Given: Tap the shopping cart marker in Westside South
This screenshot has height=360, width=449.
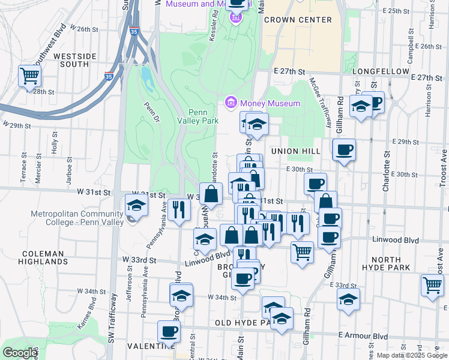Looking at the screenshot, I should click(x=29, y=76).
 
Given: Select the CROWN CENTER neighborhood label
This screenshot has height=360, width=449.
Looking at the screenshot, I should click(x=298, y=20).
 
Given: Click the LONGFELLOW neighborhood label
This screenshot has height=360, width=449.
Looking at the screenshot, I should click(x=381, y=70).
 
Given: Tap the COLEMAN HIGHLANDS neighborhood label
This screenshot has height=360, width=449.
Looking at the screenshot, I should click(x=43, y=257).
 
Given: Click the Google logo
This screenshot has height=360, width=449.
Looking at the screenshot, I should click(x=20, y=352).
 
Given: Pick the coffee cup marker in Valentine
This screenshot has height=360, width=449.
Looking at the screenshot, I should click(x=169, y=331).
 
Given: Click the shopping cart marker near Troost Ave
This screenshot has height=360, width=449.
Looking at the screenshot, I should click(x=432, y=285).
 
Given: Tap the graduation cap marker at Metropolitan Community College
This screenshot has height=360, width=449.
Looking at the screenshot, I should click(x=137, y=205).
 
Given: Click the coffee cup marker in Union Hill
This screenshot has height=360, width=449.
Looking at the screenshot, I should click(x=344, y=149).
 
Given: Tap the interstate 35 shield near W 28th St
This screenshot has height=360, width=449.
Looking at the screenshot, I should click(x=109, y=76).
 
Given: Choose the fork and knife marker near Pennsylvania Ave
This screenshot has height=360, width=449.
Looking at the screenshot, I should click(x=179, y=209).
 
